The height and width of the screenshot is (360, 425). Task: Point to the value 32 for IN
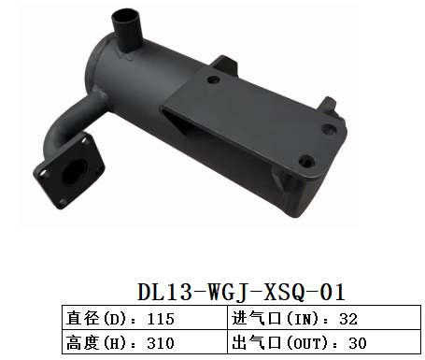pyautogui.click(x=349, y=319)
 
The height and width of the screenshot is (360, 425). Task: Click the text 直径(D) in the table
pyautogui.click(x=93, y=319)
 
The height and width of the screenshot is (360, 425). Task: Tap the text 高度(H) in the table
pyautogui.click(x=93, y=342)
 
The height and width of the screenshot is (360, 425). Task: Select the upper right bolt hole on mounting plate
pyautogui.click(x=330, y=132)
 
